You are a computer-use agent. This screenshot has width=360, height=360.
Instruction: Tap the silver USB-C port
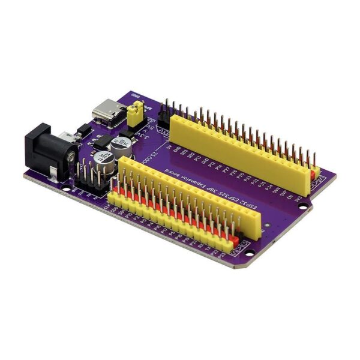pyautogui.click(x=106, y=112)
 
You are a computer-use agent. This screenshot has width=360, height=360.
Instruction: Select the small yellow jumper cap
pyautogui.click(x=137, y=110)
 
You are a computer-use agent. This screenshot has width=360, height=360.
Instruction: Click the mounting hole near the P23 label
pyautogui.click(x=243, y=260)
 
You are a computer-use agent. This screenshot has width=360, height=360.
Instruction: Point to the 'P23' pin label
pyautogui.click(x=223, y=254)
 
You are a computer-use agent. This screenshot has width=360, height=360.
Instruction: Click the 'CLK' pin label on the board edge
pyautogui.click(x=106, y=206)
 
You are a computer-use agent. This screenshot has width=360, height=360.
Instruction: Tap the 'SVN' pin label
pyautogui.click(x=277, y=191)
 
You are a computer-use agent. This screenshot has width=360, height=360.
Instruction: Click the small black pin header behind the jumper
pyautogui.click(x=164, y=116)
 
